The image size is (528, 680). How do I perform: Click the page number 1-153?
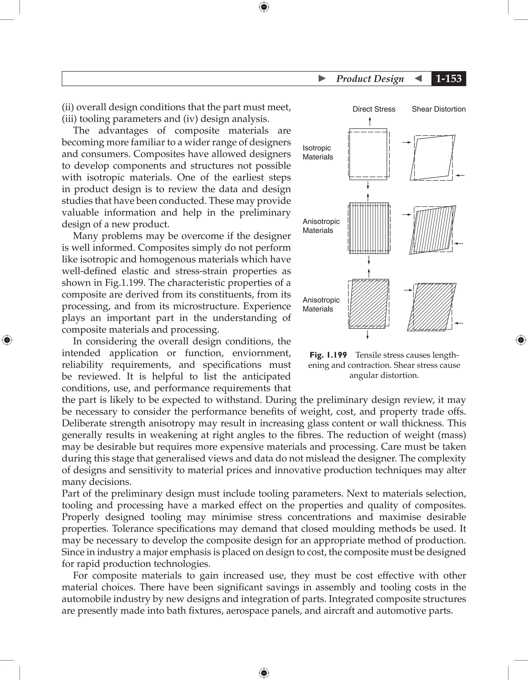pyautogui.click(x=448, y=78)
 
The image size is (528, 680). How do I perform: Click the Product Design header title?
pyautogui.click(x=370, y=79)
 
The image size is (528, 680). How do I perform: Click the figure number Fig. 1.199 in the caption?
pyautogui.click(x=328, y=355)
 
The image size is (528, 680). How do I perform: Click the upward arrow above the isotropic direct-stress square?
pyautogui.click(x=370, y=121)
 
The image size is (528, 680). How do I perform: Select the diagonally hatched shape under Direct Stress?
pyautogui.click(x=369, y=304)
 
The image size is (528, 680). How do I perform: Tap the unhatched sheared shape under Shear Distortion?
pyautogui.click(x=433, y=158)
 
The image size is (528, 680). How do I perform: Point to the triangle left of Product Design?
pyautogui.click(x=322, y=78)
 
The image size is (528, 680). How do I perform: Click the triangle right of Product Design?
pyautogui.click(x=418, y=78)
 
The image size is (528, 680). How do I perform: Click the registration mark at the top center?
pyautogui.click(x=264, y=7)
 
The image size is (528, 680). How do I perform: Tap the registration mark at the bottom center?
pyautogui.click(x=264, y=673)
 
